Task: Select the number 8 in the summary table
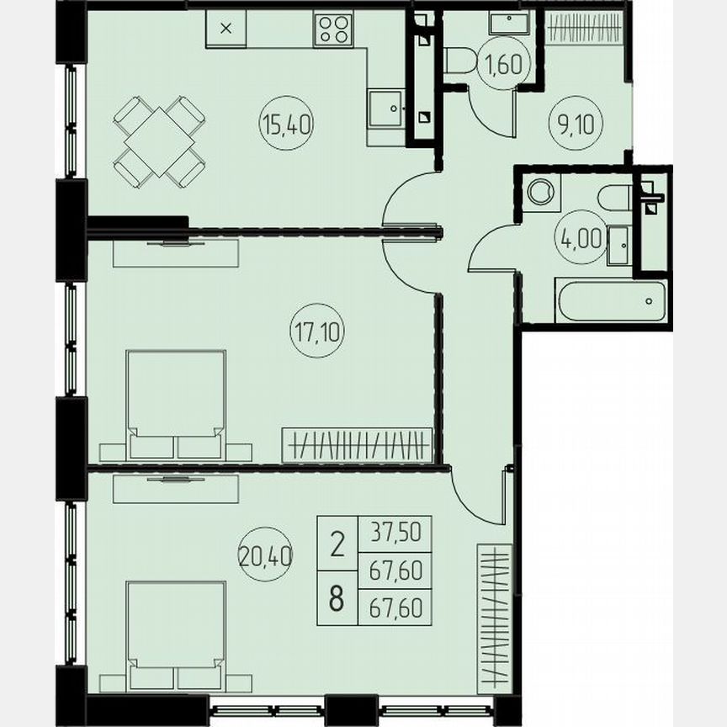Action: tap(337, 602)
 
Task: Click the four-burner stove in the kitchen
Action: tap(332, 30)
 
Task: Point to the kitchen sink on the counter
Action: tap(387, 107)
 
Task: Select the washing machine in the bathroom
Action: tap(539, 190)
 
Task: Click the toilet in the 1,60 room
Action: tap(460, 60)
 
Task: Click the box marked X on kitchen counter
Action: tap(226, 29)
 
